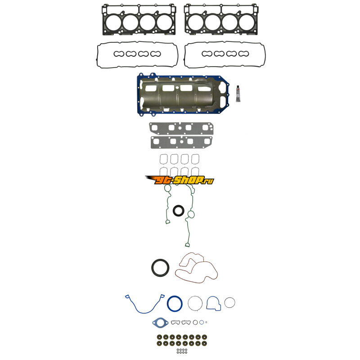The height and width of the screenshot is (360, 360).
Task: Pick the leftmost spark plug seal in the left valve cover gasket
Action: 118,54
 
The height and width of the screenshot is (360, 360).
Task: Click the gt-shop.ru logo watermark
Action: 180,180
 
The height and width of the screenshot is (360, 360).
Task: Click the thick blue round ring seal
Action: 174,303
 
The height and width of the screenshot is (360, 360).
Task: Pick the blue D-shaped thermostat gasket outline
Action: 214,303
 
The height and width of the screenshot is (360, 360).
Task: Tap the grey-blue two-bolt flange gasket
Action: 159,323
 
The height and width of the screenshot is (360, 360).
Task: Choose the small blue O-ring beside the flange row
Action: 202,322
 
